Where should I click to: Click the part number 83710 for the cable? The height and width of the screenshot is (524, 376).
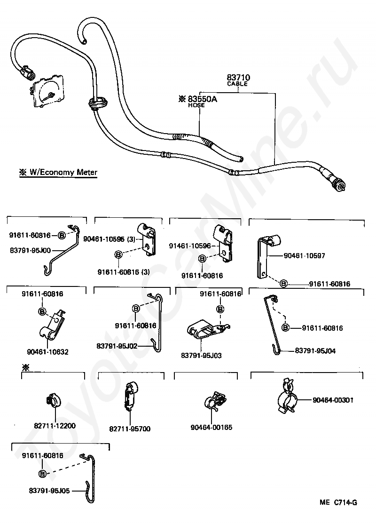click(238, 78)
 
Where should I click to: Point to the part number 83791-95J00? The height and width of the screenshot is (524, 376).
click(30, 250)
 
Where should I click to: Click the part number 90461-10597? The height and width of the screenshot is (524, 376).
click(304, 256)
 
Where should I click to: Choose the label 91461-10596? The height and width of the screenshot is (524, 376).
click(190, 246)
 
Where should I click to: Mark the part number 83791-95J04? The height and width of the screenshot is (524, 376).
click(315, 350)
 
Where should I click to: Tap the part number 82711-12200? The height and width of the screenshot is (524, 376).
click(55, 426)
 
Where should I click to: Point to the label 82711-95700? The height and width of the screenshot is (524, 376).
click(130, 429)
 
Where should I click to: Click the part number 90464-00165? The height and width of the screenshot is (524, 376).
click(211, 428)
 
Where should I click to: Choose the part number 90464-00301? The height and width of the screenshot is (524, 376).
click(333, 400)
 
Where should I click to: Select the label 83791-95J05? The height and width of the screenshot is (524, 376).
click(49, 490)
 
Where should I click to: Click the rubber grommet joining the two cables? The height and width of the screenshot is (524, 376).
click(95, 103)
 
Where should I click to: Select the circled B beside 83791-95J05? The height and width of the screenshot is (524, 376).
click(42, 473)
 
